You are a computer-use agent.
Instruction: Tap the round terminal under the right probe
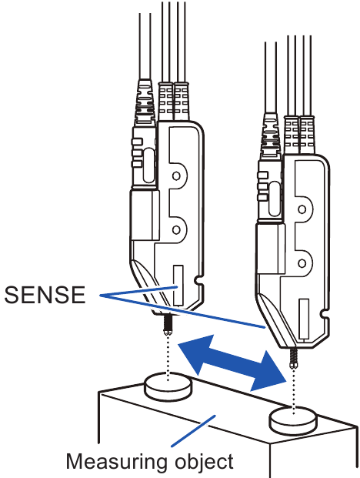295,420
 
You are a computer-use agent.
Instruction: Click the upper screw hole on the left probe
177,176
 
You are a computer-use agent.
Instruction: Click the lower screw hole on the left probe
177,228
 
